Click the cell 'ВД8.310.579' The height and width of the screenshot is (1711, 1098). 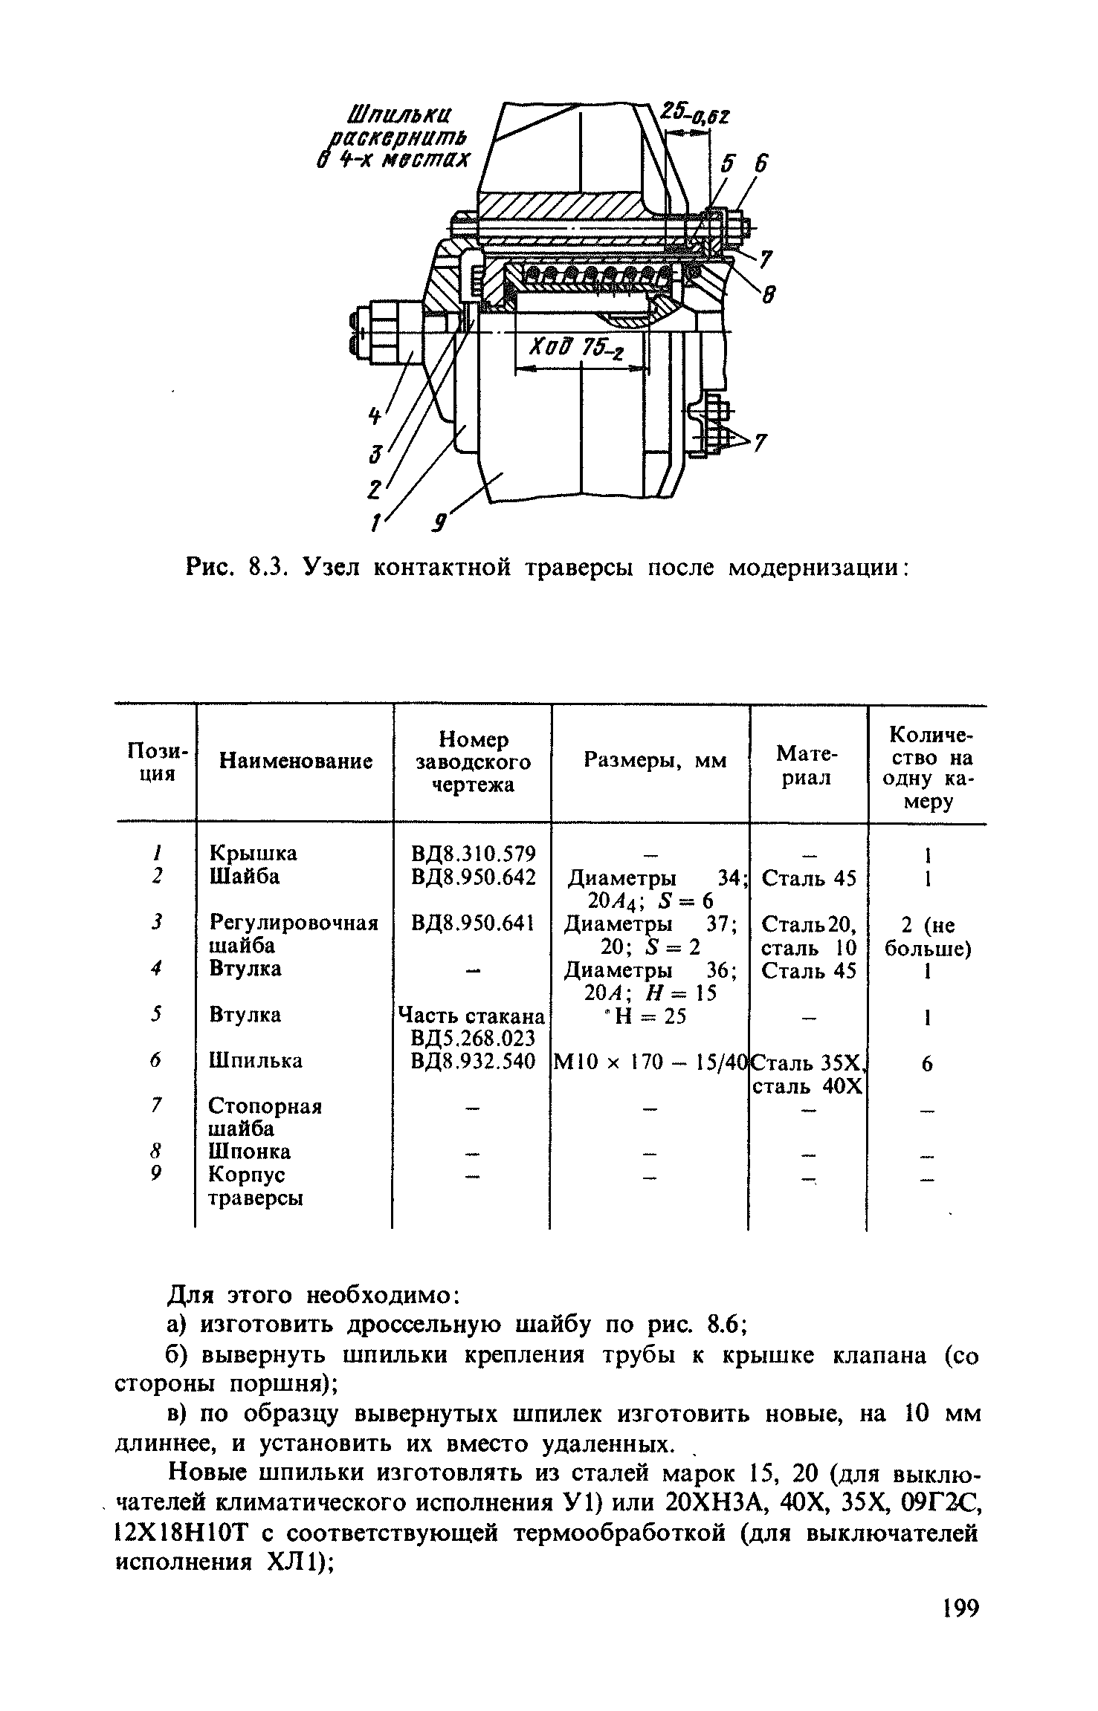tap(473, 853)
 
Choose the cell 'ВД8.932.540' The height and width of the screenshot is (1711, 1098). tap(473, 1062)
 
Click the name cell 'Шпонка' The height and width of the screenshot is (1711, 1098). tap(250, 1152)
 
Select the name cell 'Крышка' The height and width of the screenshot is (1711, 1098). tap(253, 853)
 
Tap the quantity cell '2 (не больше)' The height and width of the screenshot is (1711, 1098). tap(928, 937)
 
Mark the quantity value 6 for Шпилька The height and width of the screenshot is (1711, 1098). tap(927, 1064)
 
